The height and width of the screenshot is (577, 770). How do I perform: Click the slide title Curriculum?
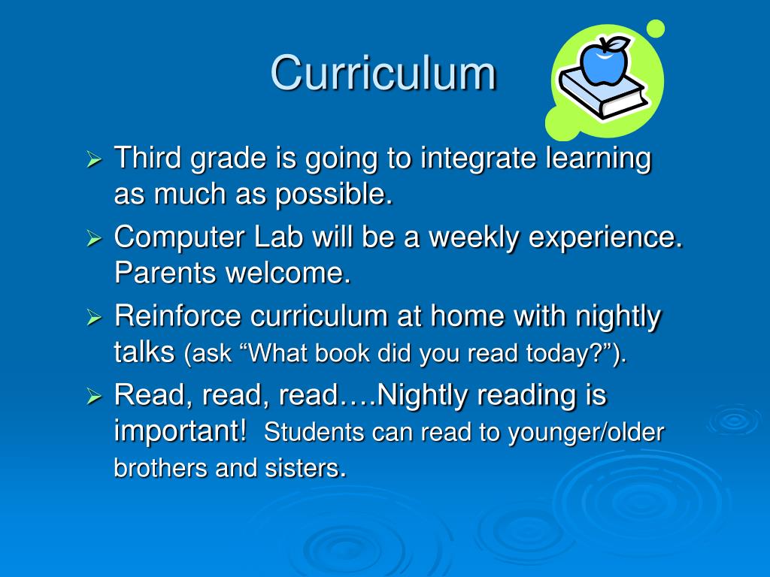point(383,74)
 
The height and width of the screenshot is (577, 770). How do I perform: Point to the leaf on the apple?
point(618,44)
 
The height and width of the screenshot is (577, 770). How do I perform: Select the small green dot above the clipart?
point(656,29)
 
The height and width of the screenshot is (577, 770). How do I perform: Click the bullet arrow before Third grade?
point(94,161)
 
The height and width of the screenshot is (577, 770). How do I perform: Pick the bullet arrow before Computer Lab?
point(94,239)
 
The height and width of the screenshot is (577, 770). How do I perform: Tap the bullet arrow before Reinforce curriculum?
point(94,317)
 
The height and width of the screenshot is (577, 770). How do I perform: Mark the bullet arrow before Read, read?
point(94,396)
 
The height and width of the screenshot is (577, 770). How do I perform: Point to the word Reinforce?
point(177,316)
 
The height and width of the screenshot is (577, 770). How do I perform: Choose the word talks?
point(144,352)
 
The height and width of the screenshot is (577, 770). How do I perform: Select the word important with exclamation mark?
point(180,431)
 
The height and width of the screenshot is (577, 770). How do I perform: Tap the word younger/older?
point(587,433)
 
